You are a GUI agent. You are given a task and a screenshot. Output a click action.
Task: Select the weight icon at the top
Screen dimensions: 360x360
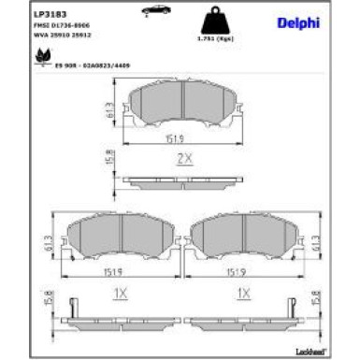tap(216, 20)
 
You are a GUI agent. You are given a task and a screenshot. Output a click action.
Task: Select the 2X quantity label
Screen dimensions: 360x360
tap(184, 159)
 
